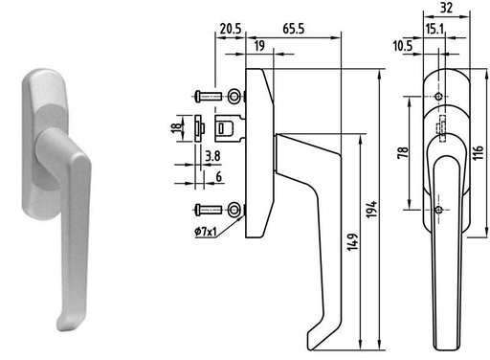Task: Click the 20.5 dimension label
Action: tap(231, 29)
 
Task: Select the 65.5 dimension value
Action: tap(294, 29)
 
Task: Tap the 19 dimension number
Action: tap(259, 46)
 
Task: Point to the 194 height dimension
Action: tap(371, 210)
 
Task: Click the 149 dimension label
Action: tap(352, 242)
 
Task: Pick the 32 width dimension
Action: tap(446, 8)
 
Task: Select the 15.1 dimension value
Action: tap(434, 30)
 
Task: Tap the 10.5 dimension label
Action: tap(403, 46)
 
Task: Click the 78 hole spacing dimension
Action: tap(403, 152)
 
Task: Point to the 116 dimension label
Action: tap(478, 152)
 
